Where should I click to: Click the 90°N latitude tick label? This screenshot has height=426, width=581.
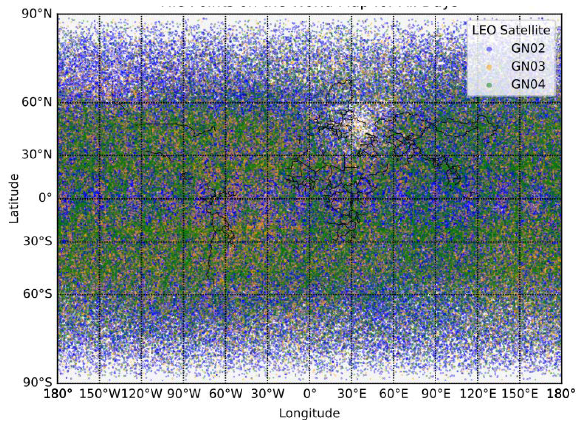(x=37, y=14)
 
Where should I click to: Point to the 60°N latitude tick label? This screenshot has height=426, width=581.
(x=37, y=102)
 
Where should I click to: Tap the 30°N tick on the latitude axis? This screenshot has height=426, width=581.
(x=37, y=155)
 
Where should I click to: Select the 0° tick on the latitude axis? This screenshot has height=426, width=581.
(x=45, y=198)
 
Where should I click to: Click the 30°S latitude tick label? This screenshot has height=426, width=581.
(x=37, y=241)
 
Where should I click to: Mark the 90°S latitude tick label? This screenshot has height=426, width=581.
(x=37, y=382)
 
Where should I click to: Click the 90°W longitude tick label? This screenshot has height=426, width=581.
(x=184, y=394)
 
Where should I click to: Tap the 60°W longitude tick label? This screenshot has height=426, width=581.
(x=226, y=394)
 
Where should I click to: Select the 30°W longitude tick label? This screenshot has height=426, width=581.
(x=268, y=394)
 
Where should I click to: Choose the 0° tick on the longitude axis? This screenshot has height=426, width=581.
(x=309, y=394)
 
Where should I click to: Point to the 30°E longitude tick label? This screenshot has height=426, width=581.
(x=352, y=394)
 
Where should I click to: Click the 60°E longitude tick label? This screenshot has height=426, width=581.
(x=394, y=394)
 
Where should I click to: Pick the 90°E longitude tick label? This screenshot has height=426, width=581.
(x=436, y=394)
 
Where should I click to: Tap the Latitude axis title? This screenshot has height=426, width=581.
(x=14, y=198)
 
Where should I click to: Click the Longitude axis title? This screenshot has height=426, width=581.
(x=309, y=413)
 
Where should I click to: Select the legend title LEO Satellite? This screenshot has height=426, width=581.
(x=511, y=30)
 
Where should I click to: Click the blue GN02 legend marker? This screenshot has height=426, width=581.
(x=489, y=49)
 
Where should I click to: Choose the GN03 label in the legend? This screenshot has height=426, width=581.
(x=528, y=66)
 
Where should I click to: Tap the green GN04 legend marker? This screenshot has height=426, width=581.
(x=489, y=85)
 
